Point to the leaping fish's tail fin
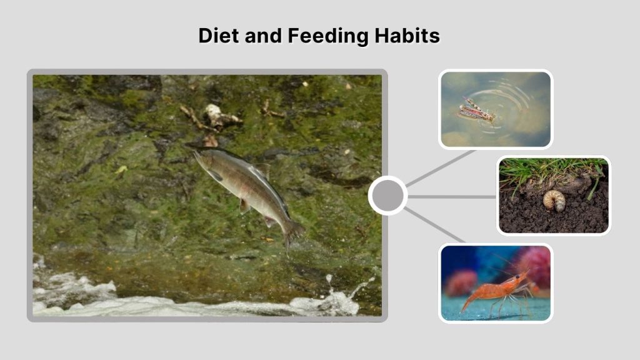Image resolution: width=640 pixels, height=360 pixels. point(292,232)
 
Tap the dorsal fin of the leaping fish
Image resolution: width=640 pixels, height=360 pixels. point(262,169)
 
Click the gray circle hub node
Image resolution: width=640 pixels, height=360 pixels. point(387,196)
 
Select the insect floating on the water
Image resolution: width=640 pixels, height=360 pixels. point(477,110)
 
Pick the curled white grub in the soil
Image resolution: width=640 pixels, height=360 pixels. point(554,200)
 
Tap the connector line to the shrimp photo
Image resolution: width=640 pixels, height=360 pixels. point(434,226)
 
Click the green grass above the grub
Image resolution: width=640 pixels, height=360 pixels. point(550,167)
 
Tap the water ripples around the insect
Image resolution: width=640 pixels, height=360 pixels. point(512,100)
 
